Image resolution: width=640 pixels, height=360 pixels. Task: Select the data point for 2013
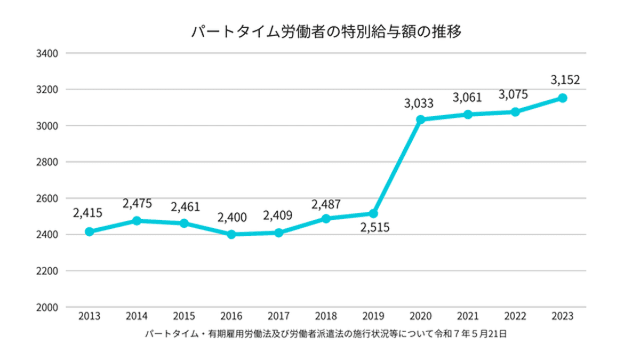[x=89, y=231]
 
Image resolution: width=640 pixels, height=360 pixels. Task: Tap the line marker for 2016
[x=231, y=234]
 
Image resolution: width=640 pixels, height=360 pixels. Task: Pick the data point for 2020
[x=420, y=119]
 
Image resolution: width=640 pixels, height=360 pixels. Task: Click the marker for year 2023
[x=562, y=98]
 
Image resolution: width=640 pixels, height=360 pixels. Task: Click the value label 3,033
[x=418, y=103]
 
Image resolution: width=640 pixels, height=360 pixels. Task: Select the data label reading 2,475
[x=137, y=204]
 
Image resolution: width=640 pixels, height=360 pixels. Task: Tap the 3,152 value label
[x=564, y=81]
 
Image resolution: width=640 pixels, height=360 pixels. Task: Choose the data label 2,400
[x=231, y=218]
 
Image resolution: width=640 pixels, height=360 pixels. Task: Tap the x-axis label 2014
[x=137, y=316]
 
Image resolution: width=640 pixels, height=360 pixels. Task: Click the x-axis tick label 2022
[x=515, y=316]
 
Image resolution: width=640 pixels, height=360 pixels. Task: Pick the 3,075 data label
[x=513, y=95]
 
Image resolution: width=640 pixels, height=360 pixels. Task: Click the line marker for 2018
[x=326, y=219]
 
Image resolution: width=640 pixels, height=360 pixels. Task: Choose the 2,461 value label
[x=185, y=206]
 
